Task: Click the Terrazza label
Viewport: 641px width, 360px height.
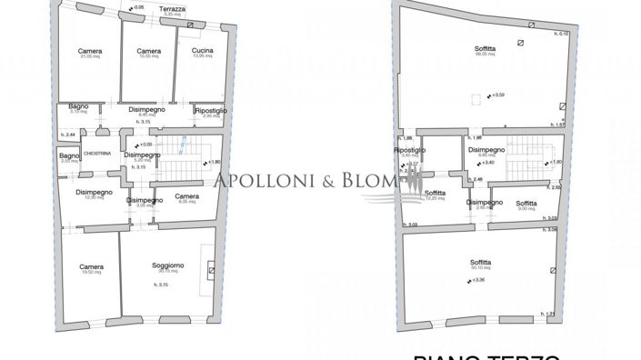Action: (x=173, y=8)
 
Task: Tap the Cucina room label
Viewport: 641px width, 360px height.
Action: (x=202, y=51)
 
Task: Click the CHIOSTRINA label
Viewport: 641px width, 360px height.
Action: (x=96, y=154)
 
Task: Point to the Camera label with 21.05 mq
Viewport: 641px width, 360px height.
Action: (x=90, y=51)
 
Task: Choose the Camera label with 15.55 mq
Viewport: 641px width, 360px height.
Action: (x=148, y=51)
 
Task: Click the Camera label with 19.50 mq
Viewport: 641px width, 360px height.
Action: (x=91, y=266)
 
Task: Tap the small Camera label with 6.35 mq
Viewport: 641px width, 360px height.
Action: (x=186, y=195)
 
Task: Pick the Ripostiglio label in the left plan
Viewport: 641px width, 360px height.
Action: (x=210, y=110)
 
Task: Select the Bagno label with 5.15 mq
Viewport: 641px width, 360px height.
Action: (x=78, y=106)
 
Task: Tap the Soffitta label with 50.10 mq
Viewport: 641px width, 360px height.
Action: (x=481, y=261)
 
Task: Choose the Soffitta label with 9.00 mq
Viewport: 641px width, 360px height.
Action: (x=526, y=203)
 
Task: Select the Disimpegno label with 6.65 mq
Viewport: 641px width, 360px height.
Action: (x=481, y=149)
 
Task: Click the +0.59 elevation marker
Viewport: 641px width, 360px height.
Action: (x=496, y=95)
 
